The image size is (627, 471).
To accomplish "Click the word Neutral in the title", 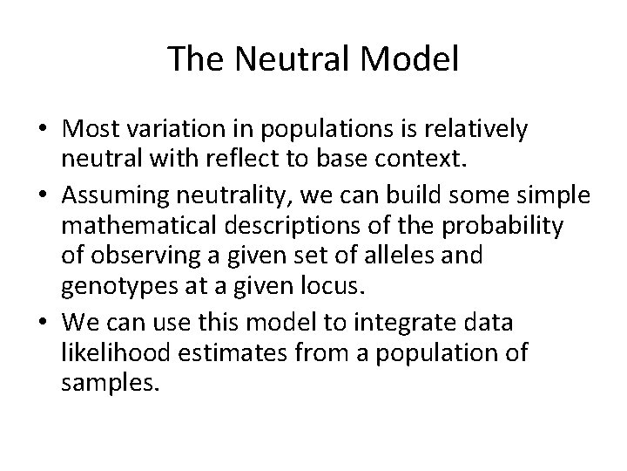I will (282, 58).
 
